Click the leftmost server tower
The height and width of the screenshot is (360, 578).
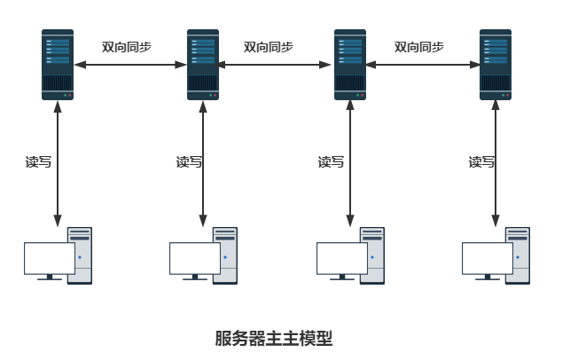coord(58,64)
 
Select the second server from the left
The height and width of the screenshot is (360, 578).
coord(203,64)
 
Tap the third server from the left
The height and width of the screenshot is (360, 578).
coord(349,64)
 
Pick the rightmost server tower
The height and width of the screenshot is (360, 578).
coord(496,64)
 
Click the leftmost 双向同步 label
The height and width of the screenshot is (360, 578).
coord(127,47)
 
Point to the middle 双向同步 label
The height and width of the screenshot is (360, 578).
coord(268,47)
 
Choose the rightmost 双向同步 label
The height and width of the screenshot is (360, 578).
coord(418,47)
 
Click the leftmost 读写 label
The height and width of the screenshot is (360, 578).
coord(38,162)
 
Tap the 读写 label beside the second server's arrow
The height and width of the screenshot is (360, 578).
coord(189,162)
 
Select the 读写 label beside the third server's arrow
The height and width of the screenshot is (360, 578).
coord(331,162)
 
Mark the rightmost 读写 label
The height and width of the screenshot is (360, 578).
coord(481,162)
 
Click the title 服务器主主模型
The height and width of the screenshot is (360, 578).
coord(273,338)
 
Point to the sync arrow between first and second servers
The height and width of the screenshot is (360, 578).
coord(130,65)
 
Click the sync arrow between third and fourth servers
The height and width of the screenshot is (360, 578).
coord(422,65)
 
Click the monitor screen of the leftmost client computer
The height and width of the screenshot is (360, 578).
coord(49,258)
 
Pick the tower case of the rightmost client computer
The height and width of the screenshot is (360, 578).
coord(519,254)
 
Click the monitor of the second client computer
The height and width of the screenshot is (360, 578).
coord(194,258)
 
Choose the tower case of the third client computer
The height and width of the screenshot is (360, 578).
coord(373,254)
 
